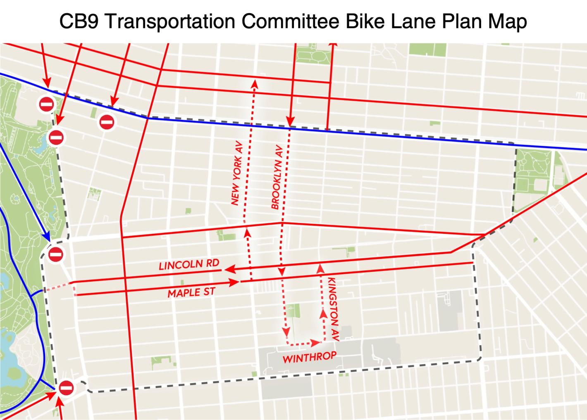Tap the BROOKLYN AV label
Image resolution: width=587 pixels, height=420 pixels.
(x=276, y=177)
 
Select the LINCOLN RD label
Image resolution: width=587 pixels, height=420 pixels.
(x=189, y=265)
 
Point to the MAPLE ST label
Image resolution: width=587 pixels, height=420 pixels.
(x=191, y=293)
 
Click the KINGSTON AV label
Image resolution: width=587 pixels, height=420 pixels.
(x=333, y=309)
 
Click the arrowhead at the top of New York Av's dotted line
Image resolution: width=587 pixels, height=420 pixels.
(x=255, y=84)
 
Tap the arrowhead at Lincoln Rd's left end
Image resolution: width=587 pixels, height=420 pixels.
(x=229, y=270)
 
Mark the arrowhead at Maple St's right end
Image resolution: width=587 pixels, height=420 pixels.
(x=234, y=282)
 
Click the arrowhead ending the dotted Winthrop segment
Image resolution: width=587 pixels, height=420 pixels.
(x=316, y=343)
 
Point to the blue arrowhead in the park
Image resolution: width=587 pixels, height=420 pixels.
(x=46, y=237)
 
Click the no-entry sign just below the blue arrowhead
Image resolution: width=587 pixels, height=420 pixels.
(x=55, y=254)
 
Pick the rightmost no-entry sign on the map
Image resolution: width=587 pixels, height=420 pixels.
(x=106, y=122)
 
